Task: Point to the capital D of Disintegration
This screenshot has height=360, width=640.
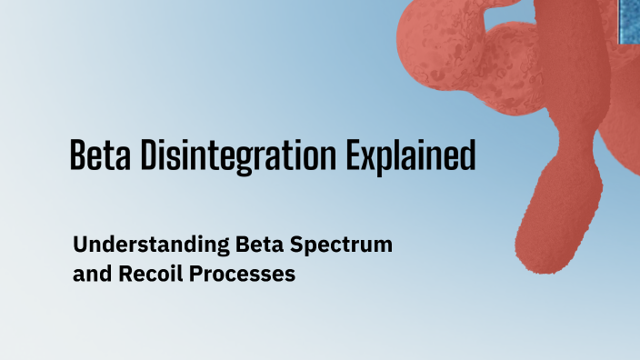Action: pos(149,156)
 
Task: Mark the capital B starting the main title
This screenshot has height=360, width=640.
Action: pos(78,156)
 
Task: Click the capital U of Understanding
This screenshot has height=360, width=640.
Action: pos(80,245)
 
